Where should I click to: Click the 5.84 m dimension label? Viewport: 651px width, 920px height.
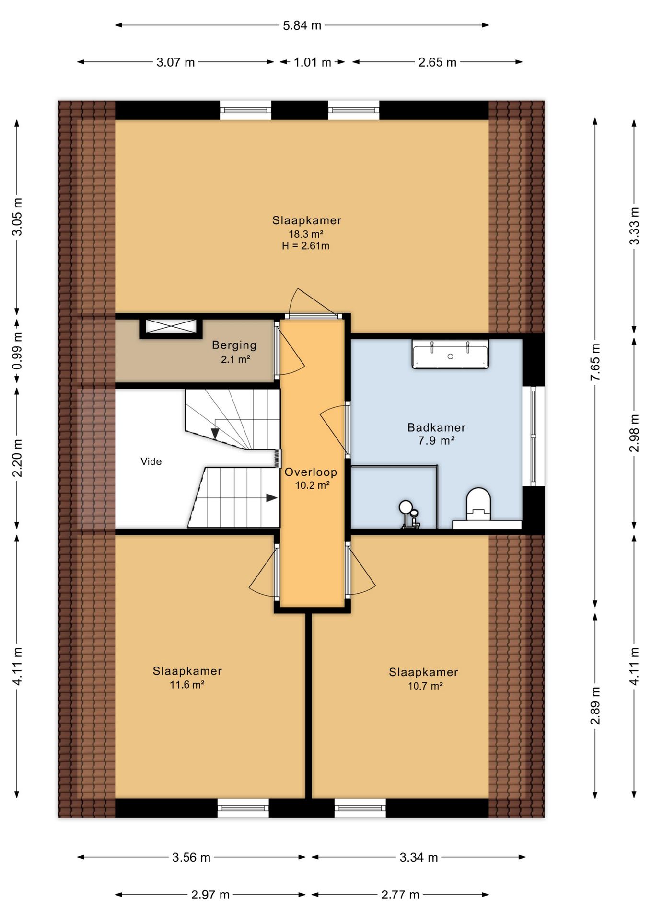click(302, 25)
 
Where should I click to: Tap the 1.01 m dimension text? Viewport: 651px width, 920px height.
click(312, 62)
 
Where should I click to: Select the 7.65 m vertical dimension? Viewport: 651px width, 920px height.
click(595, 362)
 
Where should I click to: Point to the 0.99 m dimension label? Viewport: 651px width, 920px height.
click(17, 351)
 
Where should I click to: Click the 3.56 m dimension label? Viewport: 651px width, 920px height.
click(191, 857)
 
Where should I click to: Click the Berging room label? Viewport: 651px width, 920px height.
click(234, 345)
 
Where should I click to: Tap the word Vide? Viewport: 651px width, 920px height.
click(151, 461)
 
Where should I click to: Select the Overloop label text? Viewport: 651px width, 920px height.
click(311, 472)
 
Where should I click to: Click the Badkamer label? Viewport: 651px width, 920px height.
click(436, 427)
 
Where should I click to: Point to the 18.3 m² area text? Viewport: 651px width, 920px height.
click(306, 234)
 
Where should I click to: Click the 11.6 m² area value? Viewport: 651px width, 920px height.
click(187, 685)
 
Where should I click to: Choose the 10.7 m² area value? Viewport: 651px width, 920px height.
click(425, 686)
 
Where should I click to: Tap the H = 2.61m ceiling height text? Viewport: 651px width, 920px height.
click(306, 246)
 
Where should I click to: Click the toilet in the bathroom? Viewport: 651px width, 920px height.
click(478, 504)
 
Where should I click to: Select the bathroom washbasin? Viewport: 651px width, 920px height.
click(450, 354)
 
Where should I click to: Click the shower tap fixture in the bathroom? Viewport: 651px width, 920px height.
click(409, 514)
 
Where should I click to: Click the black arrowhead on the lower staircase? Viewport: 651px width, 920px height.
click(272, 498)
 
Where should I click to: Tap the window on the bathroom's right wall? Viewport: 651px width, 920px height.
click(534, 437)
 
